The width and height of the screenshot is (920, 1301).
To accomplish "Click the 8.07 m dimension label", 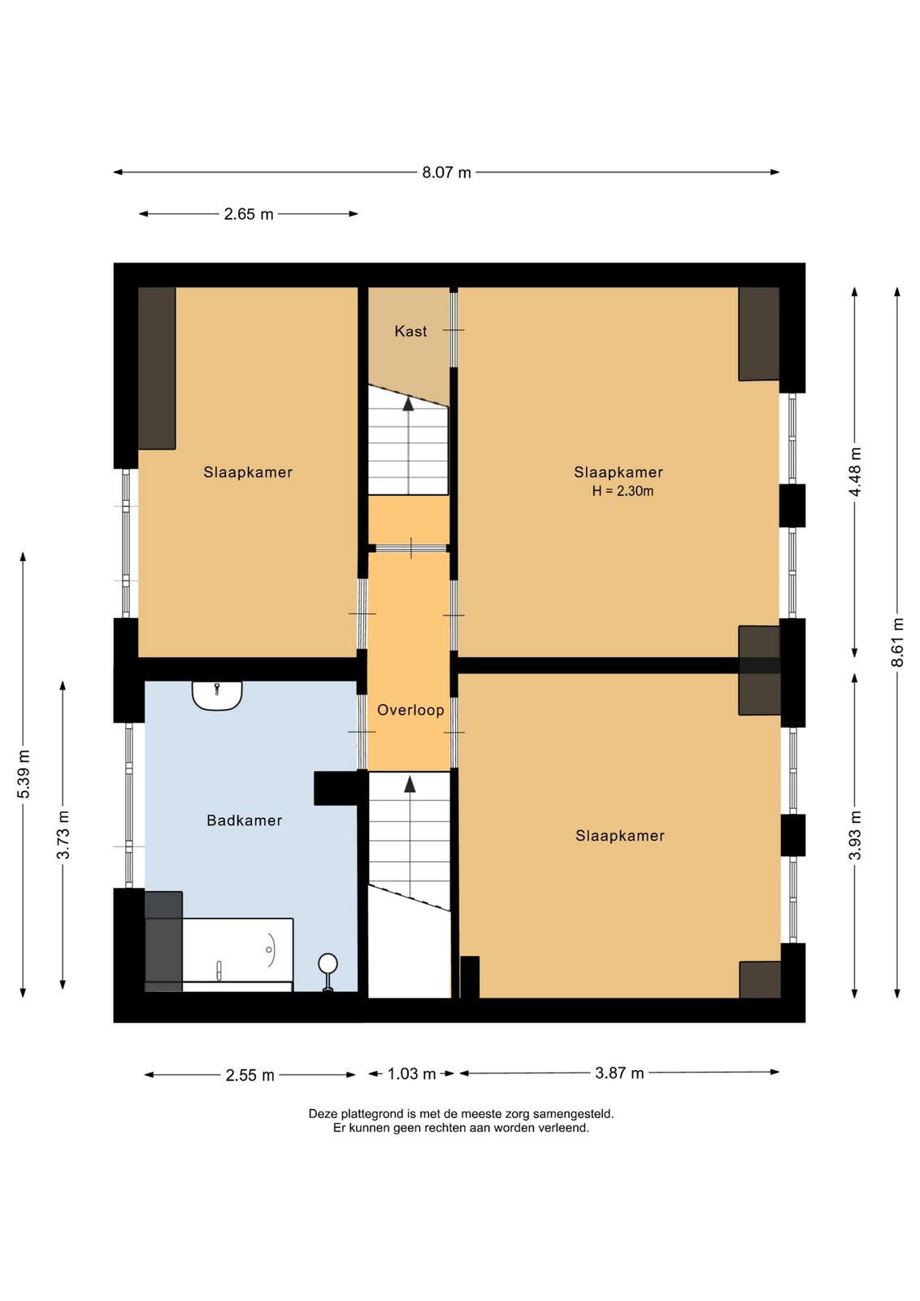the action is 446,172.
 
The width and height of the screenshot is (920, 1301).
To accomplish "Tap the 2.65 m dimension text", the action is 249,215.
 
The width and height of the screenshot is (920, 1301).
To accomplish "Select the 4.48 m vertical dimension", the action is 855,472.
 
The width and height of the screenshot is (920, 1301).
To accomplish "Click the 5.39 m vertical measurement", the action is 24,774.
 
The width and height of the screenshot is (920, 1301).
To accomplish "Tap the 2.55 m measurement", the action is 250,1076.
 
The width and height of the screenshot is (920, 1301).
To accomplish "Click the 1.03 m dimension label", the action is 411,1074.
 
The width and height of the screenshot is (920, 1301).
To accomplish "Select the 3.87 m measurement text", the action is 619,1073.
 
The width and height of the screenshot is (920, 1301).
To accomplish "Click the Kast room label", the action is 410,331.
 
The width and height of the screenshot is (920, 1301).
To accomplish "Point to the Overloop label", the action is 410,710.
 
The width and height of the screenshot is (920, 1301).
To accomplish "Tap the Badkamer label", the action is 245,820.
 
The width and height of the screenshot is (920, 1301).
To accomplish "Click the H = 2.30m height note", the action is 623,491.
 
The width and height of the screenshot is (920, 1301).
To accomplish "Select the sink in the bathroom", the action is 217,695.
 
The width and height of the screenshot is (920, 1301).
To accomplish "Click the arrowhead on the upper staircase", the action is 409,403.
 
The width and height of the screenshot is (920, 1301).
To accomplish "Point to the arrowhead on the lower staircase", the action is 410,784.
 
